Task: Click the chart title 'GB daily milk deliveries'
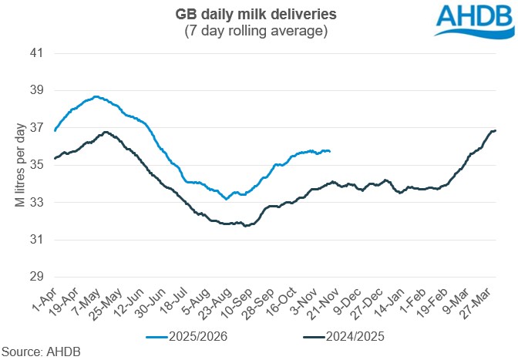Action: pyautogui.click(x=259, y=15)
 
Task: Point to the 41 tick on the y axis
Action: pyautogui.click(x=36, y=54)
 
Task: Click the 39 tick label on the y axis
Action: pyautogui.click(x=36, y=91)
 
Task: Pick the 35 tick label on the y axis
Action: pyautogui.click(x=36, y=165)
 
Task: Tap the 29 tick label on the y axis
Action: pyautogui.click(x=36, y=277)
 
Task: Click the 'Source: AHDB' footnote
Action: pyautogui.click(x=40, y=352)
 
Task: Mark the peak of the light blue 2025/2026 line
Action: pyautogui.click(x=96, y=96)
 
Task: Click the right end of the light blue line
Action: pyautogui.click(x=330, y=151)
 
